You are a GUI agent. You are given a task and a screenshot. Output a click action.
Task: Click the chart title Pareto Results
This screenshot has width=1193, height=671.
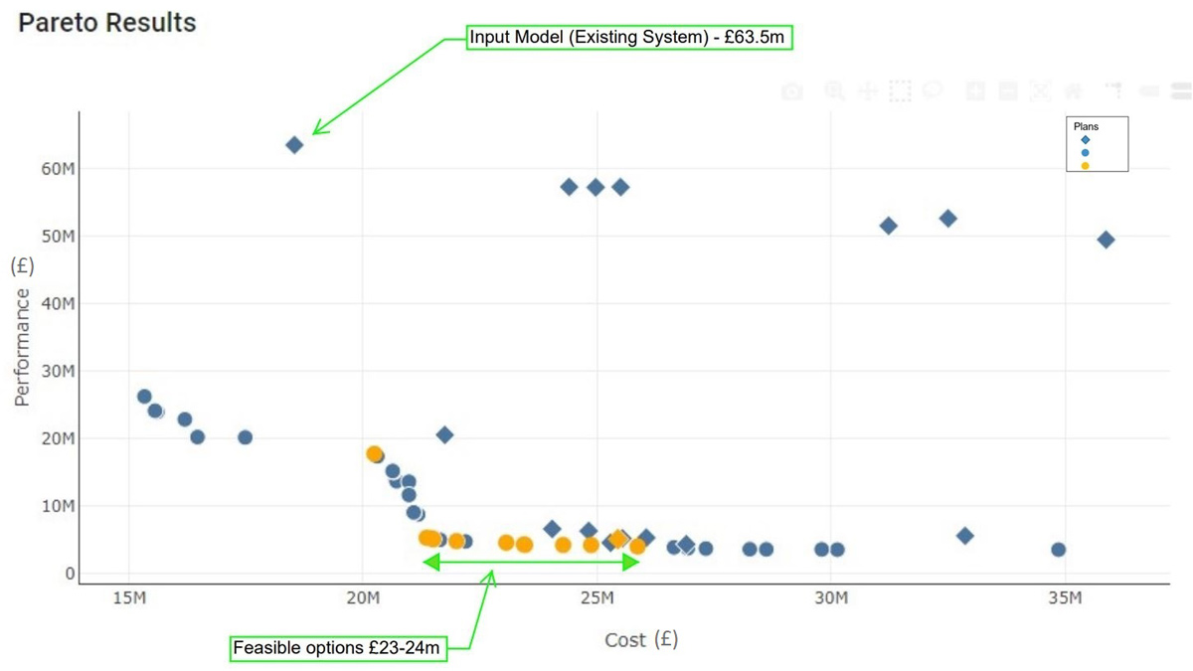tap(107, 23)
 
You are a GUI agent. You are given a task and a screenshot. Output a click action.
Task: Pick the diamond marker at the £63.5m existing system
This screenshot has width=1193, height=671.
tap(294, 145)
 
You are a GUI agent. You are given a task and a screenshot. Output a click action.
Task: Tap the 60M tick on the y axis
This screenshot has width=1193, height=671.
tap(56, 169)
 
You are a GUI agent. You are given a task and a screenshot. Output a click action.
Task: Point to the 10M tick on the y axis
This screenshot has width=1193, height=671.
tap(56, 506)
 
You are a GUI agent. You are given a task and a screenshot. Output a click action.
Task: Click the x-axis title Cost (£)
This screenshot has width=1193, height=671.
tap(641, 639)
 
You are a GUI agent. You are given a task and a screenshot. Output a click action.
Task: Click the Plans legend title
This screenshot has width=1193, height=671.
tap(1086, 127)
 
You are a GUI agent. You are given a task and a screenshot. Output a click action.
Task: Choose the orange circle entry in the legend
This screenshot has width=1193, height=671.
tap(1086, 166)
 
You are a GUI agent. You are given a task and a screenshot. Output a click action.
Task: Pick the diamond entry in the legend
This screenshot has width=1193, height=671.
tap(1086, 140)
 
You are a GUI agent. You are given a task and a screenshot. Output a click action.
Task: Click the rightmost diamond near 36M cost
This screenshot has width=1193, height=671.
tap(1106, 240)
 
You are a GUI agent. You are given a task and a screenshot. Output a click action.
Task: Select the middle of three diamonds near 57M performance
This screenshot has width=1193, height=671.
tap(596, 187)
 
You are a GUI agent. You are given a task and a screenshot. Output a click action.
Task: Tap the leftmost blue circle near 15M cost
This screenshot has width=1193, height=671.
tap(144, 397)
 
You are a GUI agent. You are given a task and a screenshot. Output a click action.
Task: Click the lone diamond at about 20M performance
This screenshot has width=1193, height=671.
tap(444, 434)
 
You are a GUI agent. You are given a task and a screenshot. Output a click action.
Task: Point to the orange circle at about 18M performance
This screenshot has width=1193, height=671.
tap(374, 453)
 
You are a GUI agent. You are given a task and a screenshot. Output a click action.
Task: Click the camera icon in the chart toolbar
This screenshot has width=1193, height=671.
tap(791, 91)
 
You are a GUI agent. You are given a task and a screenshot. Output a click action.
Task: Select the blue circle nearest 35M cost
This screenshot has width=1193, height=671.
tap(1059, 550)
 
